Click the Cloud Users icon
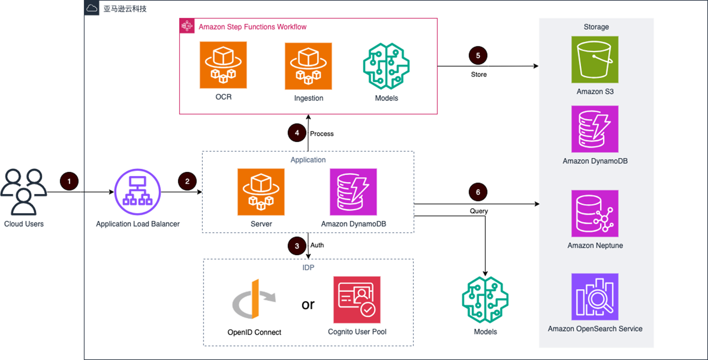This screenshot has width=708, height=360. click(x=24, y=192)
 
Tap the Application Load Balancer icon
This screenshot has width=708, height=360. click(x=137, y=192)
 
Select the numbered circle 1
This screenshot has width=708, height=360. click(x=69, y=181)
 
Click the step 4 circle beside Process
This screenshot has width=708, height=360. click(x=297, y=133)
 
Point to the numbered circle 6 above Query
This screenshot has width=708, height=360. click(x=478, y=192)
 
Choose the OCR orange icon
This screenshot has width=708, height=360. click(x=223, y=65)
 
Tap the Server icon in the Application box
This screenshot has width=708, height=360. click(x=261, y=192)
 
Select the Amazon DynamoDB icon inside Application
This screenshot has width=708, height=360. click(x=353, y=192)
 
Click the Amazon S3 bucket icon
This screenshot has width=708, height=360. click(x=595, y=60)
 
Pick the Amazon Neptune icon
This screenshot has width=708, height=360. click(x=595, y=213)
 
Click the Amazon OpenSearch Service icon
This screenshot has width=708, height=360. click(x=595, y=297)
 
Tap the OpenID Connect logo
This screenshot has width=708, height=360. click(x=254, y=301)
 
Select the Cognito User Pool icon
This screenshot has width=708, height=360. click(x=357, y=300)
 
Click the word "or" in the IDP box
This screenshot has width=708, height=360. click(x=308, y=304)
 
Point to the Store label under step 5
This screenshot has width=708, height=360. click(x=478, y=75)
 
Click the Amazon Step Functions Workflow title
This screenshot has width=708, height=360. click(x=252, y=27)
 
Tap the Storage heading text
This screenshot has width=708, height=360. click(x=596, y=27)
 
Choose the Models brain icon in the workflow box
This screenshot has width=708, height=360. click(x=386, y=66)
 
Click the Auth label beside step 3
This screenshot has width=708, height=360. click(x=317, y=245)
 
